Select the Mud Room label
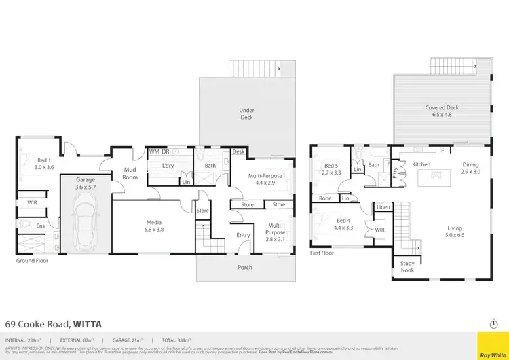[x=130, y=174]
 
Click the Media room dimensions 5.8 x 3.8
[x=153, y=230]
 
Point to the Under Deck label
[x=246, y=113]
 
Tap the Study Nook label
[x=407, y=267]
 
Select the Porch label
[x=245, y=267]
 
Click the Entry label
[x=243, y=236]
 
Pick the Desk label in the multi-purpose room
[x=238, y=152]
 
